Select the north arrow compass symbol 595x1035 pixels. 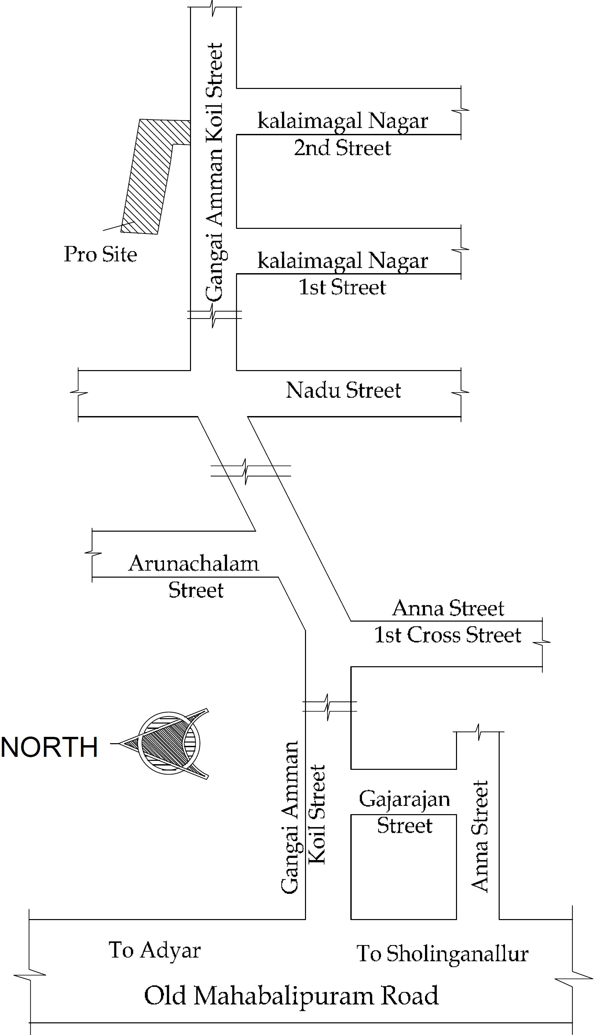click(x=168, y=744)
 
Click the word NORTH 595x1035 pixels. click(x=49, y=748)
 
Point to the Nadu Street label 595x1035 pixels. click(x=343, y=390)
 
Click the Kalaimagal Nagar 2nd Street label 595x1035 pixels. click(x=342, y=134)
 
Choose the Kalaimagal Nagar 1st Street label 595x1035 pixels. click(x=342, y=273)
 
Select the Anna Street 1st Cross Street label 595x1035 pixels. click(x=448, y=621)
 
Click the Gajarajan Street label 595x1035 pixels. click(x=405, y=812)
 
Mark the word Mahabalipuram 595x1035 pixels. click(x=284, y=996)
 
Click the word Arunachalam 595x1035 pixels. click(x=194, y=564)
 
